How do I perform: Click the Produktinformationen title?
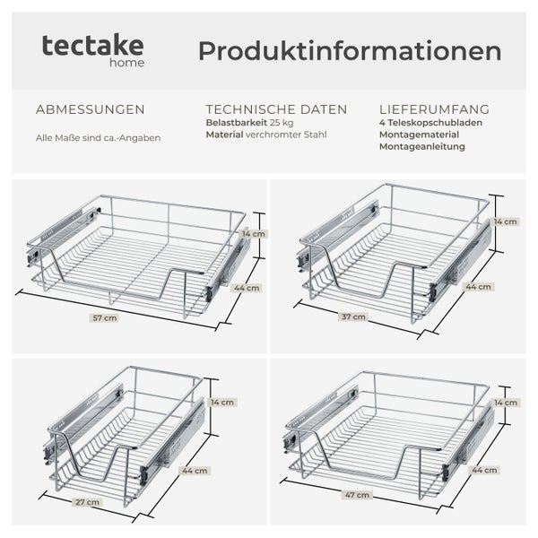click(x=350, y=50)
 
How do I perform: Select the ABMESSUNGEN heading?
click(x=90, y=109)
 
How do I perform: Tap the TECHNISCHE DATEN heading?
click(x=276, y=109)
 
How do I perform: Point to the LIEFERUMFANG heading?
click(x=434, y=109)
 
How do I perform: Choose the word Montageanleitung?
click(x=422, y=145)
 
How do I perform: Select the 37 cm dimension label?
click(x=354, y=317)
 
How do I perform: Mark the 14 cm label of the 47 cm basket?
click(x=505, y=403)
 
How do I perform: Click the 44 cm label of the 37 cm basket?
click(x=479, y=287)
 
